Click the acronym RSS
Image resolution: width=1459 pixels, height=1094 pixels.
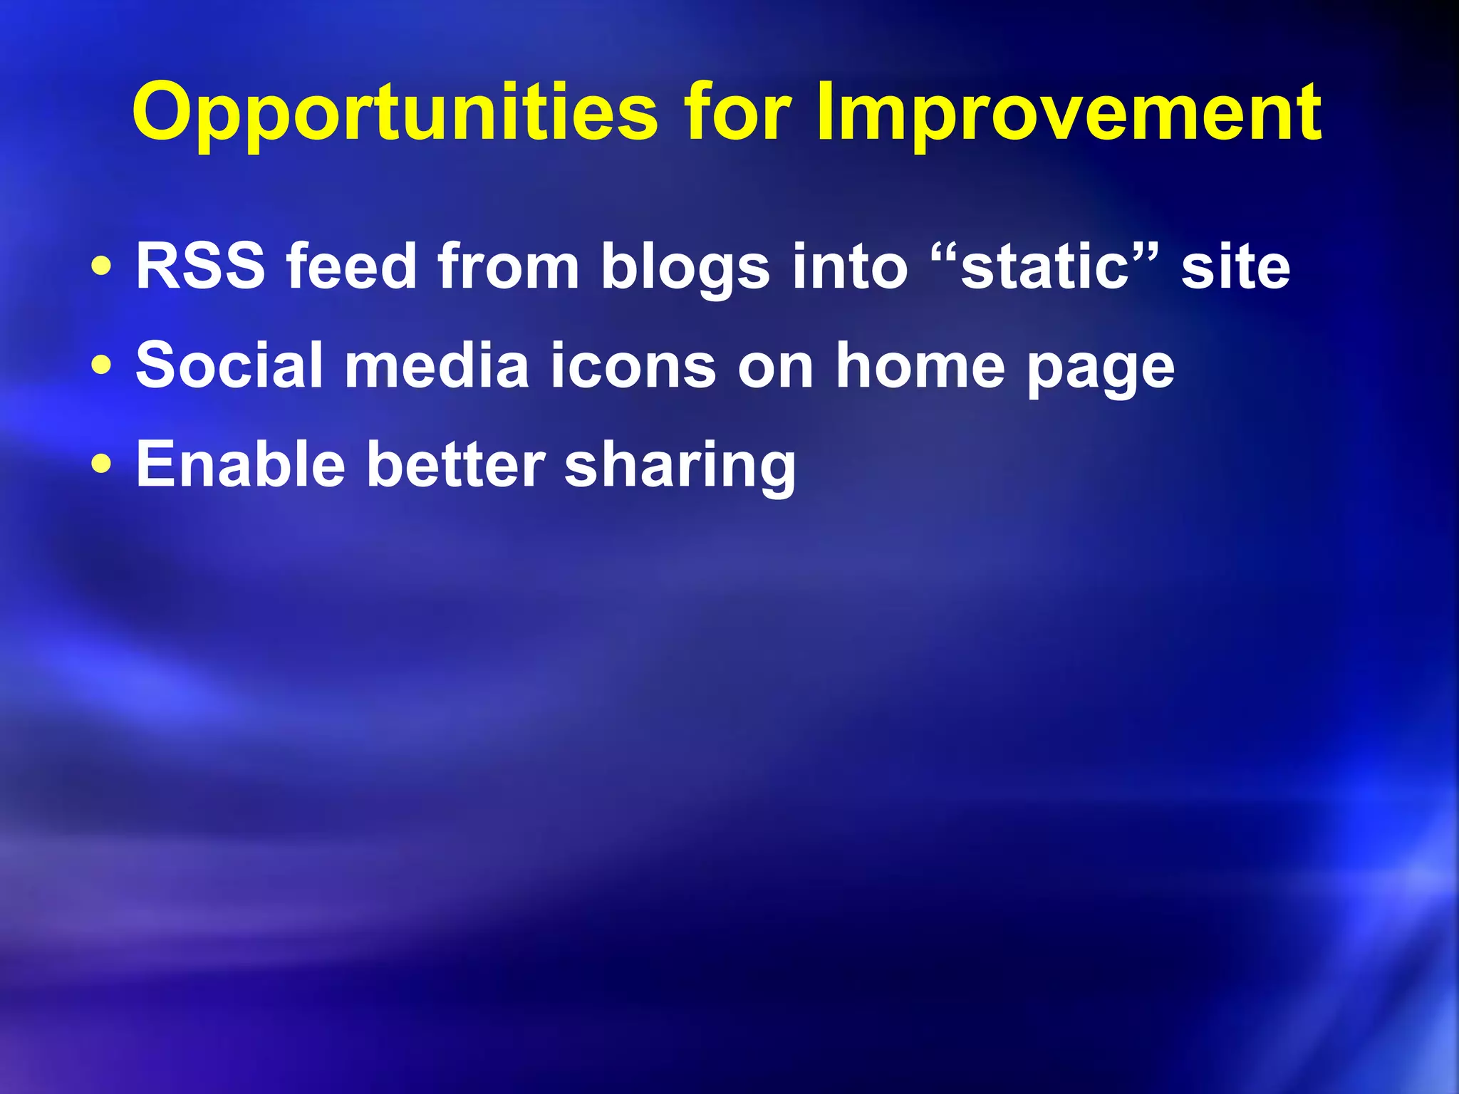200,266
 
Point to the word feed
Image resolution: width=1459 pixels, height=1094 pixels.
351,266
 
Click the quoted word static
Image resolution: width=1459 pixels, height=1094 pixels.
1045,266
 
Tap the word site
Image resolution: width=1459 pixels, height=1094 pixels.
1235,266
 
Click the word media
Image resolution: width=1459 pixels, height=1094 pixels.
436,365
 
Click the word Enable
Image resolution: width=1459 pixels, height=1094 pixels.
240,464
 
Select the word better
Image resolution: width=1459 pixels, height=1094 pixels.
455,464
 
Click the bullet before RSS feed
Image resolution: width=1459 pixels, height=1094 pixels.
102,267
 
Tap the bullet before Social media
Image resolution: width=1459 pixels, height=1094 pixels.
102,365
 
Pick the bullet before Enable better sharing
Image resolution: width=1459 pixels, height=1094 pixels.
102,464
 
